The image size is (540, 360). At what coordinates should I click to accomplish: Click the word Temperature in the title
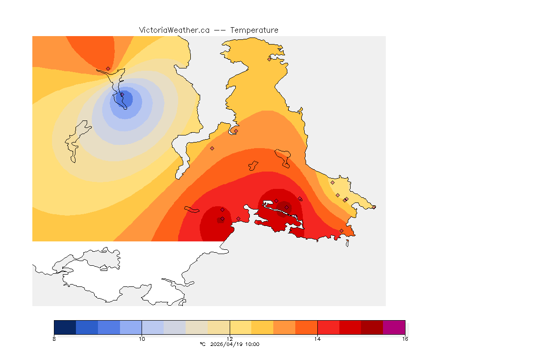[254, 30]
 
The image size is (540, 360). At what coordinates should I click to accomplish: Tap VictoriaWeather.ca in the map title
[174, 30]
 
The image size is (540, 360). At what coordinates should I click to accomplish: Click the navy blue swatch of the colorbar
[65, 327]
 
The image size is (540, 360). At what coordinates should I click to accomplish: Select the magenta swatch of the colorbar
[394, 327]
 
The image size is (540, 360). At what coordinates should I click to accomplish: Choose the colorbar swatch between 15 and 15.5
[372, 327]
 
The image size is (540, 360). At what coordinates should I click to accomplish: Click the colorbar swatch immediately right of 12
[240, 327]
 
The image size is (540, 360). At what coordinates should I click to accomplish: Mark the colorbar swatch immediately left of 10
[131, 327]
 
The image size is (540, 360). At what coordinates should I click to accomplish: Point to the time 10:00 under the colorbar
[252, 345]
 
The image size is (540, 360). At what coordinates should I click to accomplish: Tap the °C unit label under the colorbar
[202, 345]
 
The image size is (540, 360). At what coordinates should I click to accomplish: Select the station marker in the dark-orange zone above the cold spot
[108, 68]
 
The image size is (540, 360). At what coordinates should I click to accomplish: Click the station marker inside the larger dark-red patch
[287, 207]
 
